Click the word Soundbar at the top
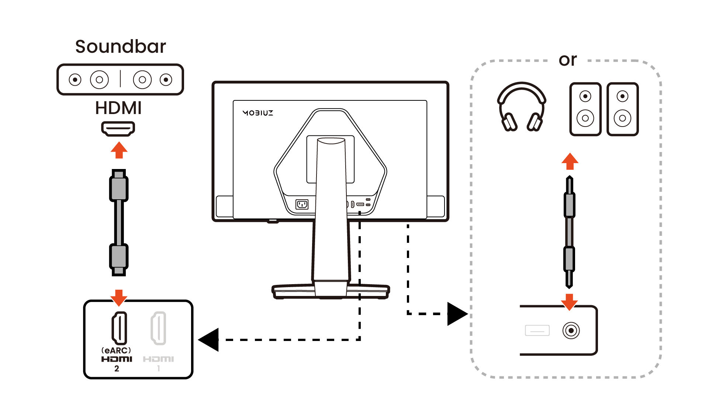(x=120, y=47)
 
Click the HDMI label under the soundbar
(x=118, y=108)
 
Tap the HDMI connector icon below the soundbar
(x=118, y=129)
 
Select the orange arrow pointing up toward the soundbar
(x=119, y=150)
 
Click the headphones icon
(x=522, y=107)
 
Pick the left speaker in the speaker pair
(x=585, y=109)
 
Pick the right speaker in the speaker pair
(x=622, y=109)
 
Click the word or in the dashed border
(x=567, y=60)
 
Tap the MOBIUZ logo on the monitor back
(x=258, y=113)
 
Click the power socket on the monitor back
(x=302, y=204)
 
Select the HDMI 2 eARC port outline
(x=119, y=328)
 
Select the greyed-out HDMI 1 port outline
(x=158, y=328)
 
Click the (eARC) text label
(x=116, y=350)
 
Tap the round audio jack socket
(x=571, y=330)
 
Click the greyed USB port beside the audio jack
(x=537, y=330)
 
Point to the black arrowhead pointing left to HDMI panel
(x=210, y=340)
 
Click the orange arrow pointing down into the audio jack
(x=569, y=301)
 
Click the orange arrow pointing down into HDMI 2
(x=119, y=297)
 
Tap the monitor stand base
(x=331, y=291)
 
